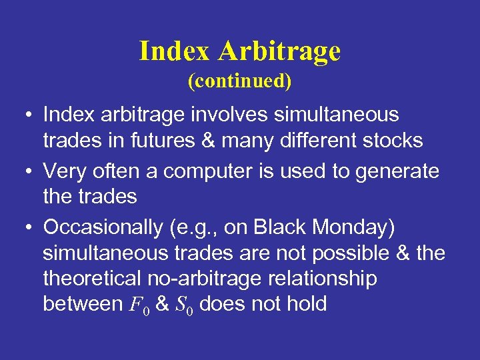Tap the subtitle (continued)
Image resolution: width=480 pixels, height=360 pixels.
(240, 81)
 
